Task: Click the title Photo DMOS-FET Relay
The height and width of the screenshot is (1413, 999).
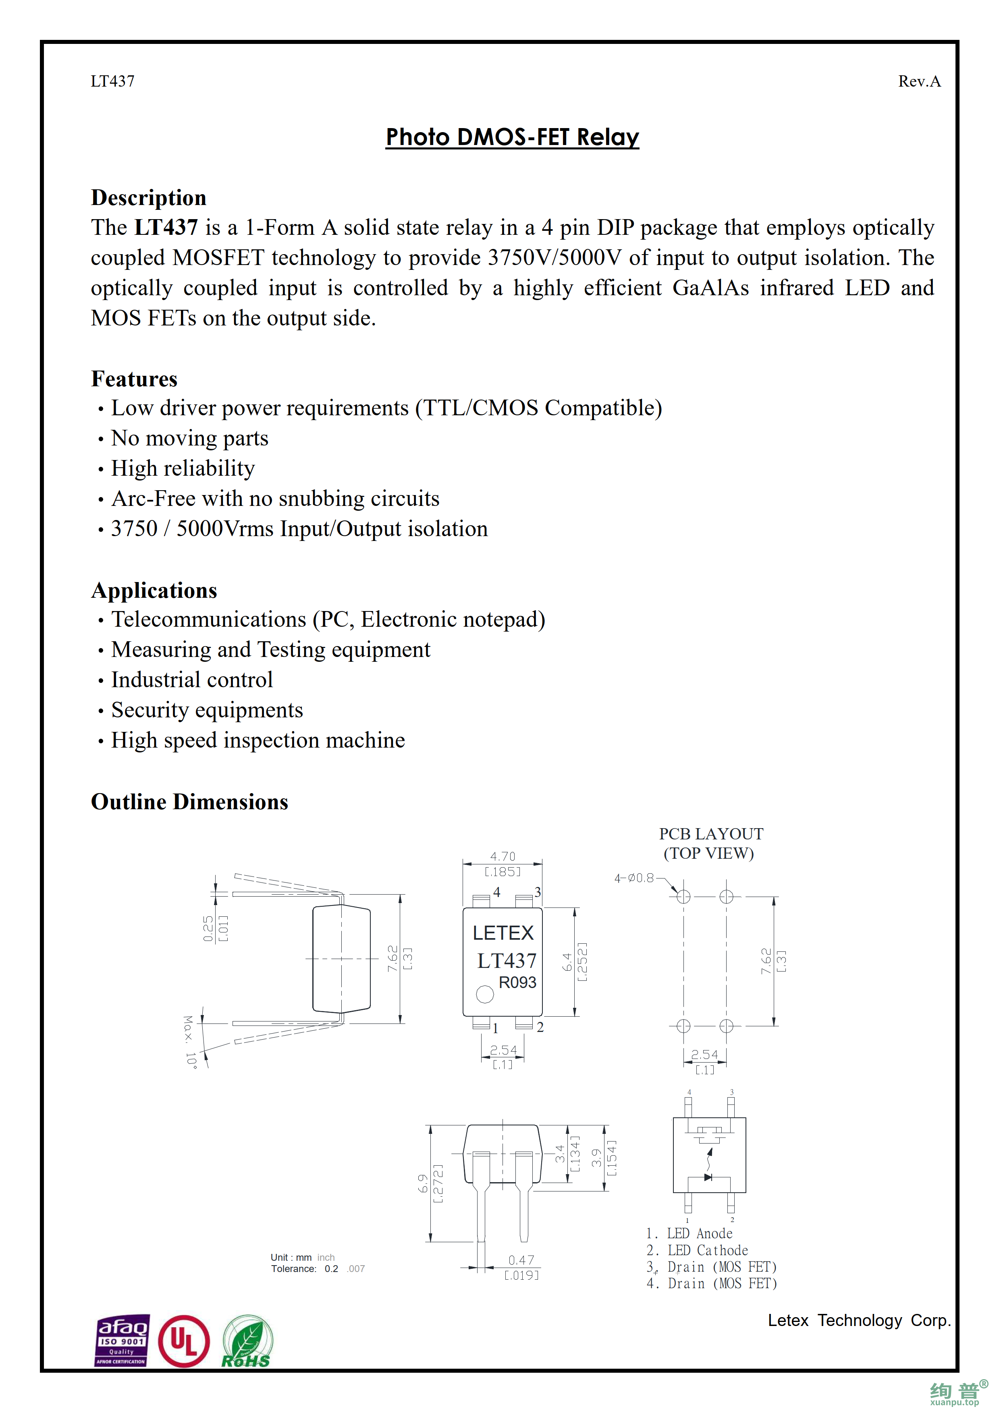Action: coord(512,137)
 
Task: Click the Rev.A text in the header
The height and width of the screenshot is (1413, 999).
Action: coord(919,81)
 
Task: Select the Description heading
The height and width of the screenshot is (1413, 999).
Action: coord(148,197)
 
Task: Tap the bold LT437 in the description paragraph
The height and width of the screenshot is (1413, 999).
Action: coord(166,228)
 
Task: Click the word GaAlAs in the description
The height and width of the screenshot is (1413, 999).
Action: coord(710,288)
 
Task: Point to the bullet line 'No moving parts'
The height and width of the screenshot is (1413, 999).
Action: coord(189,438)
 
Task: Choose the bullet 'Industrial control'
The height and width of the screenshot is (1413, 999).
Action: coord(191,680)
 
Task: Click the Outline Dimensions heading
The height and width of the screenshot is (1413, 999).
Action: coord(189,802)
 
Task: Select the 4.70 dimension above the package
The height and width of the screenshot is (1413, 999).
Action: coord(502,856)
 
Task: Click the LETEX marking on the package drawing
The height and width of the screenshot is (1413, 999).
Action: coord(503,933)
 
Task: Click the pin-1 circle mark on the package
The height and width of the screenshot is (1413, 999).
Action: coord(485,994)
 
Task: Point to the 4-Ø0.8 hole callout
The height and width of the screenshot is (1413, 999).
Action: coord(634,878)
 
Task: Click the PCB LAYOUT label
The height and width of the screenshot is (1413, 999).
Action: coord(711,834)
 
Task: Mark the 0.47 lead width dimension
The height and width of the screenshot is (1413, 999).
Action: coord(521,1260)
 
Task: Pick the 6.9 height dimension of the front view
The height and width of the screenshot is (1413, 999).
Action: coord(423,1183)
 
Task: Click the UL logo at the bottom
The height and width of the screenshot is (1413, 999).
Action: coord(183,1342)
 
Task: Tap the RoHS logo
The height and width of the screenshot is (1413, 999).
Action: coord(247,1342)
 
